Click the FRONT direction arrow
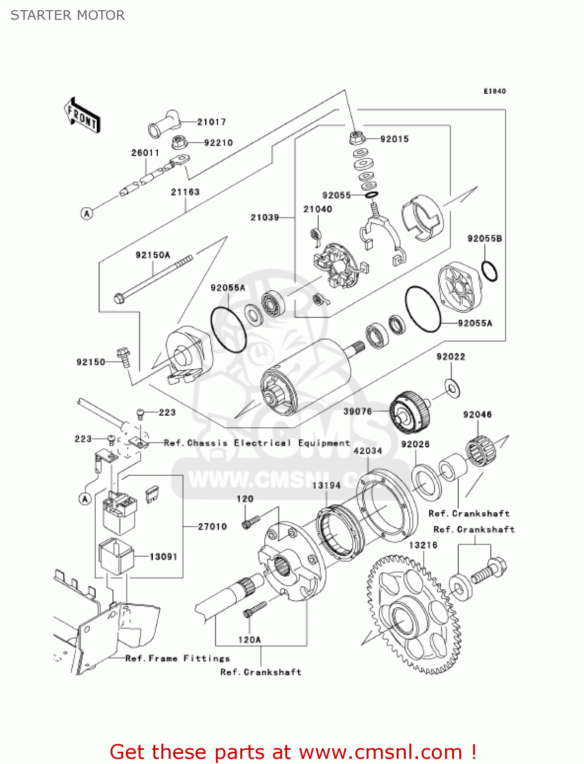[x=82, y=116]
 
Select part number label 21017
[x=211, y=122]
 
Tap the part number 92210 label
[x=218, y=143]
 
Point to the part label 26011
[x=145, y=153]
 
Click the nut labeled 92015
[x=355, y=138]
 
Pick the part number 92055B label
[x=484, y=238]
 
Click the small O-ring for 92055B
[x=489, y=271]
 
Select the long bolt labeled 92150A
[x=153, y=278]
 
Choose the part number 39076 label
[x=357, y=412]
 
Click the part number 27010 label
[x=212, y=527]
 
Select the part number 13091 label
[x=163, y=557]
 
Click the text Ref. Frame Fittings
[x=177, y=659]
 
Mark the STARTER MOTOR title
[x=68, y=15]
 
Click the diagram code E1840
[x=494, y=91]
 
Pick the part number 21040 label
[x=318, y=209]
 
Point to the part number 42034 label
[x=368, y=451]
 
